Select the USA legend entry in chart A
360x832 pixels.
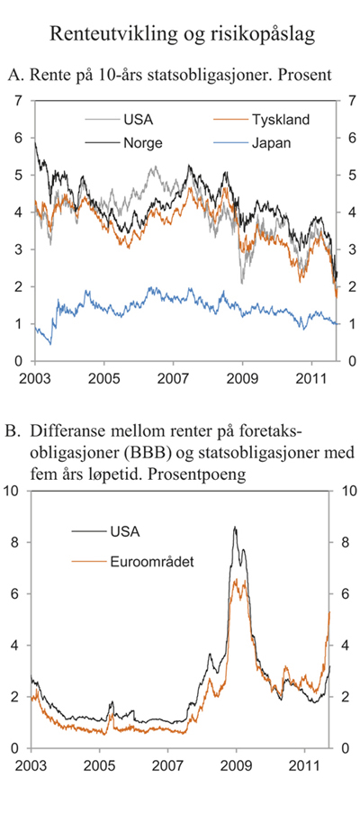[128, 120]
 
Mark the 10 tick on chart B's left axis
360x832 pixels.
[14, 491]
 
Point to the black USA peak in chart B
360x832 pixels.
[235, 528]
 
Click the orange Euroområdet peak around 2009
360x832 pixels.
[237, 582]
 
